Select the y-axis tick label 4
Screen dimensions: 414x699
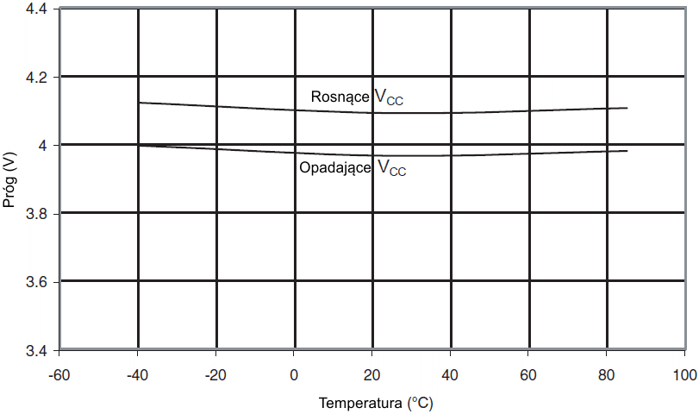(44, 145)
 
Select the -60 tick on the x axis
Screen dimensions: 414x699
(59, 376)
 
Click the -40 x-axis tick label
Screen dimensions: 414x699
(137, 376)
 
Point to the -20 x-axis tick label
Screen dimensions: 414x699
(215, 376)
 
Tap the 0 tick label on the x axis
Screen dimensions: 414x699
(294, 376)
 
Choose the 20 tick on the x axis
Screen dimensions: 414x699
(371, 376)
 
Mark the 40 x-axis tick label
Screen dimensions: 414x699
(450, 376)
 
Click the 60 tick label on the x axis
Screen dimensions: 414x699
(528, 376)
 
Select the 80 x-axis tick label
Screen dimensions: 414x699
(606, 376)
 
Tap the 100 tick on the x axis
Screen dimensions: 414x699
(683, 376)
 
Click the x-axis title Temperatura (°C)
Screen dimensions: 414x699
(371, 403)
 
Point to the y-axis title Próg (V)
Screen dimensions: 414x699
(9, 179)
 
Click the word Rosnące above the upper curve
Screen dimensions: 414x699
(340, 97)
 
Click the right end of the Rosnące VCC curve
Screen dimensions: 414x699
(627, 108)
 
